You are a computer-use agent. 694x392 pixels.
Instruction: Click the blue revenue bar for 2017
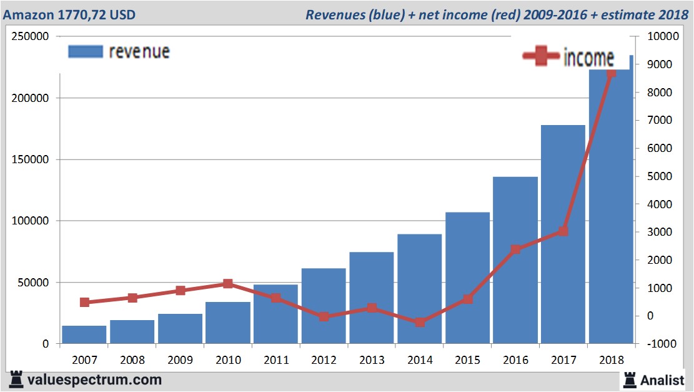563,234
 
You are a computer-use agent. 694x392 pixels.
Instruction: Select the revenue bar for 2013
371,298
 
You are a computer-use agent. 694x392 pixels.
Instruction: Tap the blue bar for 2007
84,334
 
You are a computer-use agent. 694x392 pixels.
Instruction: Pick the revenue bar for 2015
467,278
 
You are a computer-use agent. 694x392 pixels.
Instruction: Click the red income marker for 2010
227,284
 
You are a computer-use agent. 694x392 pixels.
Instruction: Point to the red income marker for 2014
420,322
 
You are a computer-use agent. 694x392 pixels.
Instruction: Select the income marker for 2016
515,249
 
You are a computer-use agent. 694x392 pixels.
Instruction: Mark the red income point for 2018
611,73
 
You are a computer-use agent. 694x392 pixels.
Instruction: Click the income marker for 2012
324,316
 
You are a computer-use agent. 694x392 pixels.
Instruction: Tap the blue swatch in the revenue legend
85,52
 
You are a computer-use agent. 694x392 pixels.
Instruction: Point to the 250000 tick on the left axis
31,36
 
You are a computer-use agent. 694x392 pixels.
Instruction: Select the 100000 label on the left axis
31,221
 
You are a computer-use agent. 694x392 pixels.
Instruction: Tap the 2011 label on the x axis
275,360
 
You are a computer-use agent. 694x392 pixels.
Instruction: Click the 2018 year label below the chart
611,360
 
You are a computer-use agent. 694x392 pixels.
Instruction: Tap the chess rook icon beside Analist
630,379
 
